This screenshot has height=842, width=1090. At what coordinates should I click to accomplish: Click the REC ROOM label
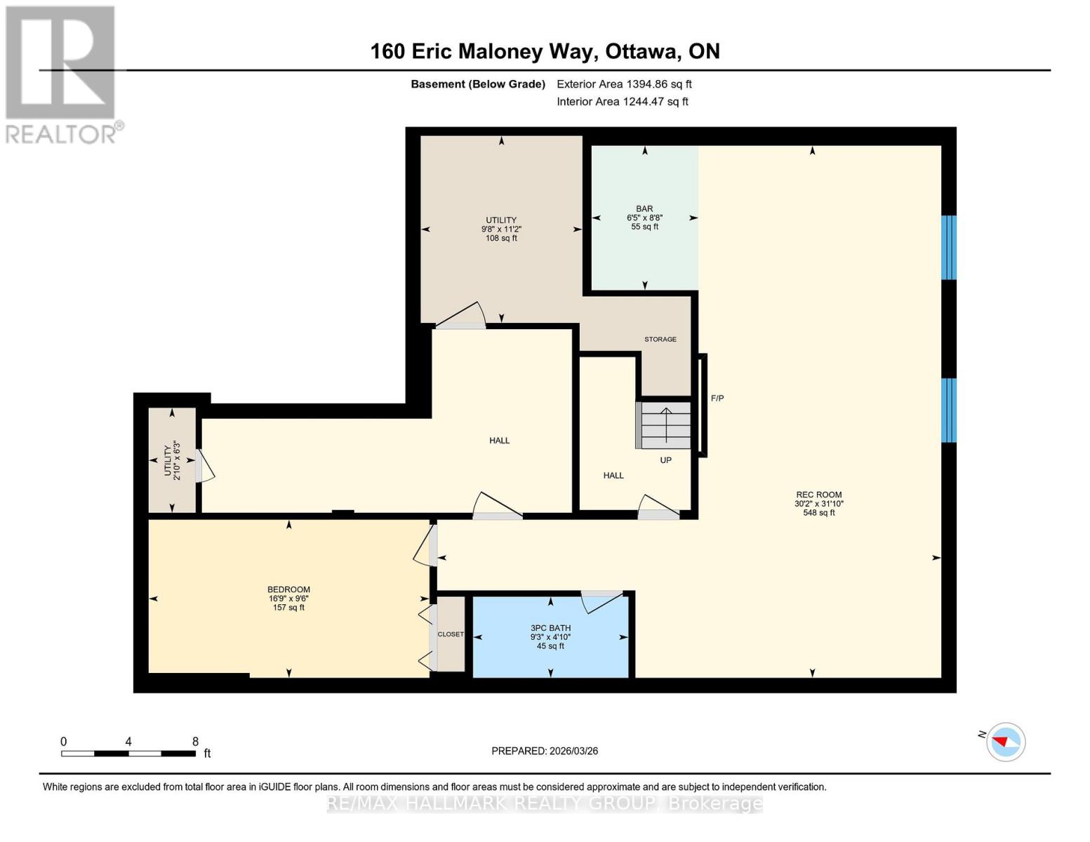pyautogui.click(x=818, y=495)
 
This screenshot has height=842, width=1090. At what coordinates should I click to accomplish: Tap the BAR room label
pyautogui.click(x=644, y=208)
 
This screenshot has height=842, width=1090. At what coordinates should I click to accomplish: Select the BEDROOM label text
pyautogui.click(x=288, y=589)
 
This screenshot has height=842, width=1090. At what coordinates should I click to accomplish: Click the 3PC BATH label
pyautogui.click(x=550, y=628)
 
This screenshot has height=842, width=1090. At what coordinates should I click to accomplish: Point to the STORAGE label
pyautogui.click(x=660, y=339)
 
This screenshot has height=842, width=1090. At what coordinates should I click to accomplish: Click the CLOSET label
pyautogui.click(x=451, y=634)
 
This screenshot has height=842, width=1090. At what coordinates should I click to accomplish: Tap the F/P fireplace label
pyautogui.click(x=717, y=399)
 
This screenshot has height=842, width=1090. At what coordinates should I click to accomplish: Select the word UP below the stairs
pyautogui.click(x=665, y=460)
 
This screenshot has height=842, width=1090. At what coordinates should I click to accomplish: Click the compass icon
pyautogui.click(x=1006, y=742)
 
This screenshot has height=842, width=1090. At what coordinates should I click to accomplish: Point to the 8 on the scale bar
pyautogui.click(x=195, y=742)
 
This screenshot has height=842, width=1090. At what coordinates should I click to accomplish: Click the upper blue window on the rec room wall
pyautogui.click(x=948, y=247)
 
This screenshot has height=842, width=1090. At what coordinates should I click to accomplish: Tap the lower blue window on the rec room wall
pyautogui.click(x=948, y=410)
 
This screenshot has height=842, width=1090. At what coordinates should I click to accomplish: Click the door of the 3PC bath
pyautogui.click(x=602, y=601)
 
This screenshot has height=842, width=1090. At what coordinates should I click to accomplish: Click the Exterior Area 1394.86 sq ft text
pyautogui.click(x=624, y=84)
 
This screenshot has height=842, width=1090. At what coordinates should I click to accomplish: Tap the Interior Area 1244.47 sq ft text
pyautogui.click(x=623, y=102)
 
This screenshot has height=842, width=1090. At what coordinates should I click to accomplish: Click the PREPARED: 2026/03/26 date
pyautogui.click(x=545, y=751)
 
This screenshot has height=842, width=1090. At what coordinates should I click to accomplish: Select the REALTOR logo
pyautogui.click(x=62, y=74)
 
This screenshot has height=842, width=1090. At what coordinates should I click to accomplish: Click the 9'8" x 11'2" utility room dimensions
pyautogui.click(x=501, y=229)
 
